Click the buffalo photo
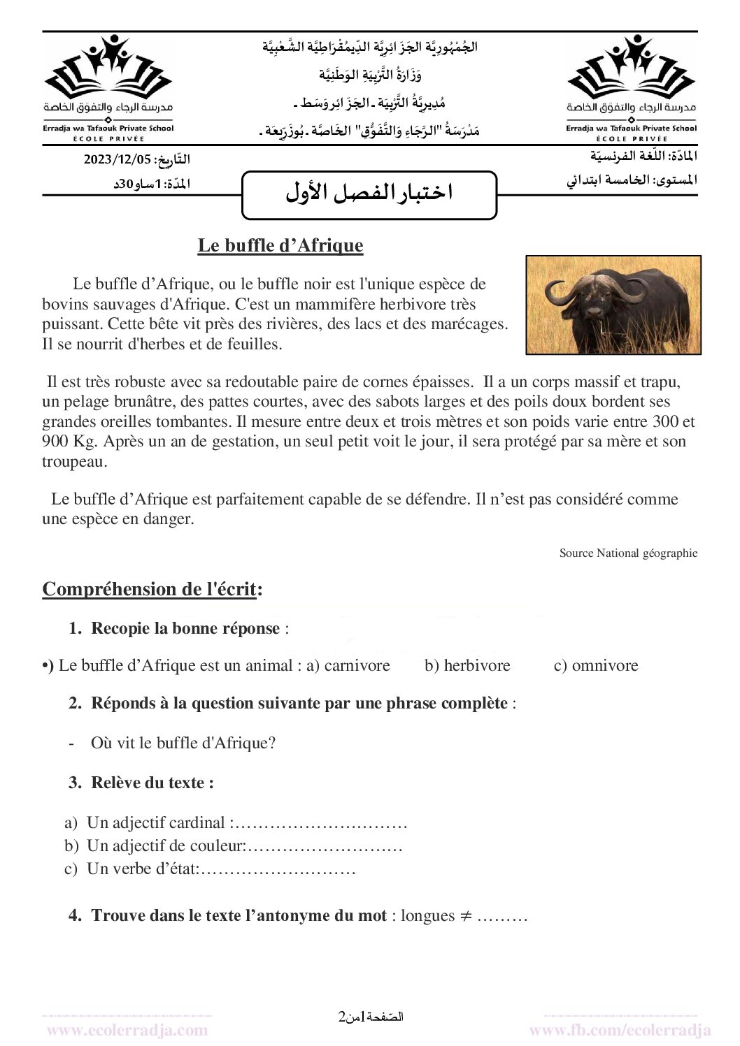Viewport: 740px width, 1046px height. point(613,305)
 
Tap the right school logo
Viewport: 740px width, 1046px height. point(631,84)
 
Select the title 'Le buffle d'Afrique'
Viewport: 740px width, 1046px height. point(280,246)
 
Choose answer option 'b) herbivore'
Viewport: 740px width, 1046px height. point(467,666)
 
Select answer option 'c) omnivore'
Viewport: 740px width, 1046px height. point(596,666)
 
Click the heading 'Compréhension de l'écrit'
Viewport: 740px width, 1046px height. point(152,589)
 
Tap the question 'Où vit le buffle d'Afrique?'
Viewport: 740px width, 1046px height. point(183,743)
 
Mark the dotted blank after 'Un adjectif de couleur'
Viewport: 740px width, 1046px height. point(325,846)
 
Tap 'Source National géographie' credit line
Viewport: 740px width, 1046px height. point(628,553)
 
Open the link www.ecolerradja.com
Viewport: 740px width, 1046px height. point(127,1030)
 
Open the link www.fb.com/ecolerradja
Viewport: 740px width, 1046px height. point(620,1030)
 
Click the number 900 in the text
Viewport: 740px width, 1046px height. point(55,442)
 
